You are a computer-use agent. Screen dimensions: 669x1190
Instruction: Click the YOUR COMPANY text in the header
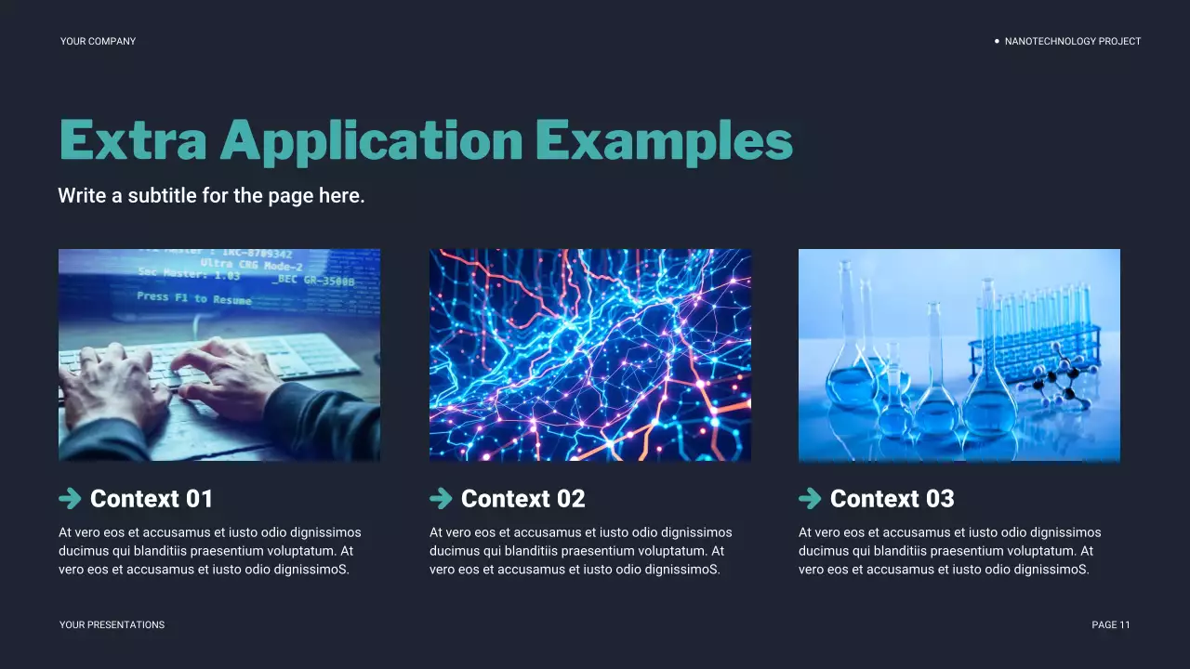[x=98, y=41]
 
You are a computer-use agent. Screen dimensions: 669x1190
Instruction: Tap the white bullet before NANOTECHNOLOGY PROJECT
[x=997, y=41]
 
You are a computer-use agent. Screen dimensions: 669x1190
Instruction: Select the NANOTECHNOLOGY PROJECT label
[x=1072, y=41]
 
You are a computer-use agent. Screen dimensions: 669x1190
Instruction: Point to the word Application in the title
[x=372, y=141]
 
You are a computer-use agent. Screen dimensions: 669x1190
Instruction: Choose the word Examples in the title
[x=664, y=141]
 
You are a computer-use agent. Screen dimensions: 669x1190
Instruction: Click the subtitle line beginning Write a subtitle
[x=211, y=196]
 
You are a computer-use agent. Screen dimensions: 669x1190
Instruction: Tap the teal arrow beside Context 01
[x=70, y=499]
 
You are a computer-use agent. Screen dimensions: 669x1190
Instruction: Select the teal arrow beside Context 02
[x=441, y=499]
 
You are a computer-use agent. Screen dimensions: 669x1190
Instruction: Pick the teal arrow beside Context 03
[x=810, y=499]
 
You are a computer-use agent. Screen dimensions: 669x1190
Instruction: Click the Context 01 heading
[x=152, y=499]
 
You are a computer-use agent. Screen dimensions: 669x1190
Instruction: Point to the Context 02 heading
[x=522, y=499]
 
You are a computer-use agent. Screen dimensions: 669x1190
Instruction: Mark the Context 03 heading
[x=892, y=499]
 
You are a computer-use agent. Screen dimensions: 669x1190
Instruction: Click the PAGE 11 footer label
[x=1111, y=625]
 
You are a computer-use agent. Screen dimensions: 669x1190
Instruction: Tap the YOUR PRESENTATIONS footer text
[x=112, y=625]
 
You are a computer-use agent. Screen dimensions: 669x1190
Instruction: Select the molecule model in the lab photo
[x=1060, y=376]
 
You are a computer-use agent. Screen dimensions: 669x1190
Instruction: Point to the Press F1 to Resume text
[x=193, y=298]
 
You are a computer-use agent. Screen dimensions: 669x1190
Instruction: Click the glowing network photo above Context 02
[x=589, y=354]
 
